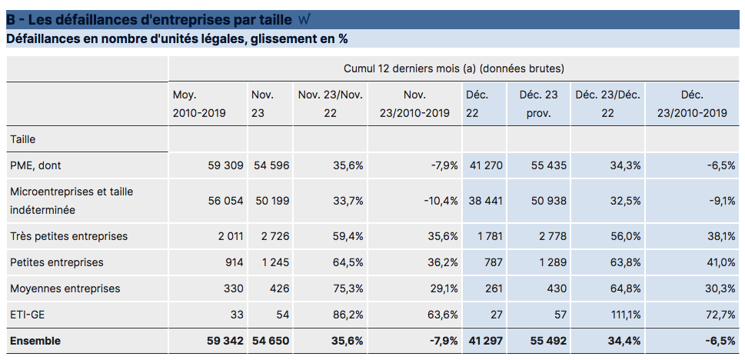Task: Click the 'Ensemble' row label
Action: (35, 341)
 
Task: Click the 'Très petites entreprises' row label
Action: (68, 236)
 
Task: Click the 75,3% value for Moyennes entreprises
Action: (348, 288)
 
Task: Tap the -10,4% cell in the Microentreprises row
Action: (441, 200)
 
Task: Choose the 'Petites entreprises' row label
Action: (56, 262)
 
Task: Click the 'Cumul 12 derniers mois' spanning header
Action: (454, 68)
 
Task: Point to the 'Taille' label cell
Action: (23, 139)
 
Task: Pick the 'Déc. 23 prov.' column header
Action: (540, 104)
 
